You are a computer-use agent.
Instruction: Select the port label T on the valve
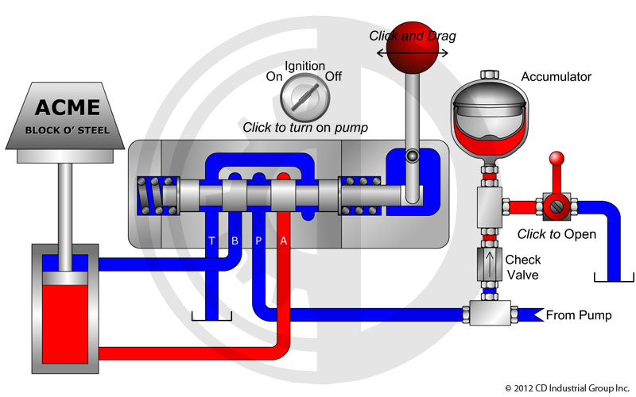coord(211,241)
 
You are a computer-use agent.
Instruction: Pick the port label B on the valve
coord(235,241)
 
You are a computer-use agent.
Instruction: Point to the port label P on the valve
coord(258,241)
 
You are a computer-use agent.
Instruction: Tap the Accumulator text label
coord(556,77)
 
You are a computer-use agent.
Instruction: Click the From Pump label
coord(578,316)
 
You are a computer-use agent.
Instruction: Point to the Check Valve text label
coord(522,267)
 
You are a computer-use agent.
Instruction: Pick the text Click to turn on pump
coord(305,128)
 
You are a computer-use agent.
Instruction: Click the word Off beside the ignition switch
coord(334,77)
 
